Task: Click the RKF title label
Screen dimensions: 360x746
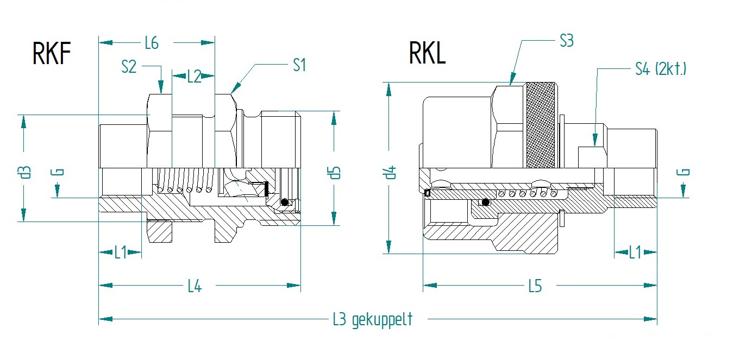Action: (52, 54)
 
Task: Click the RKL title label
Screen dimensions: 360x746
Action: (427, 53)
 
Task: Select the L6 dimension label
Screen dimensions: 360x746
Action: (152, 43)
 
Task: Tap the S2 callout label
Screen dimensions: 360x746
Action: (129, 67)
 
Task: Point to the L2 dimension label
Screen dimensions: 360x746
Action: (194, 77)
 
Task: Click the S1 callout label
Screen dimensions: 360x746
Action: (299, 65)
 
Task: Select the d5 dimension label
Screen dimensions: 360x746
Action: (334, 172)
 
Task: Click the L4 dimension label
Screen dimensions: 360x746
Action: (195, 286)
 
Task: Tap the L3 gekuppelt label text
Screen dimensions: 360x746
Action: (372, 319)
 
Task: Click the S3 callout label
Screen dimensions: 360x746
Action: (566, 41)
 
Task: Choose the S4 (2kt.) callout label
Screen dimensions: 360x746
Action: (660, 69)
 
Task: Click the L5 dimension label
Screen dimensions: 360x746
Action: (535, 286)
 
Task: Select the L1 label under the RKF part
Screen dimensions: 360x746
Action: (120, 252)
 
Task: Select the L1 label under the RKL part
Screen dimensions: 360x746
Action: (635, 252)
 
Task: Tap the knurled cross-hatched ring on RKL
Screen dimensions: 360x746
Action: (541, 124)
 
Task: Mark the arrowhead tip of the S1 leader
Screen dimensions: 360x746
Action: (232, 92)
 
